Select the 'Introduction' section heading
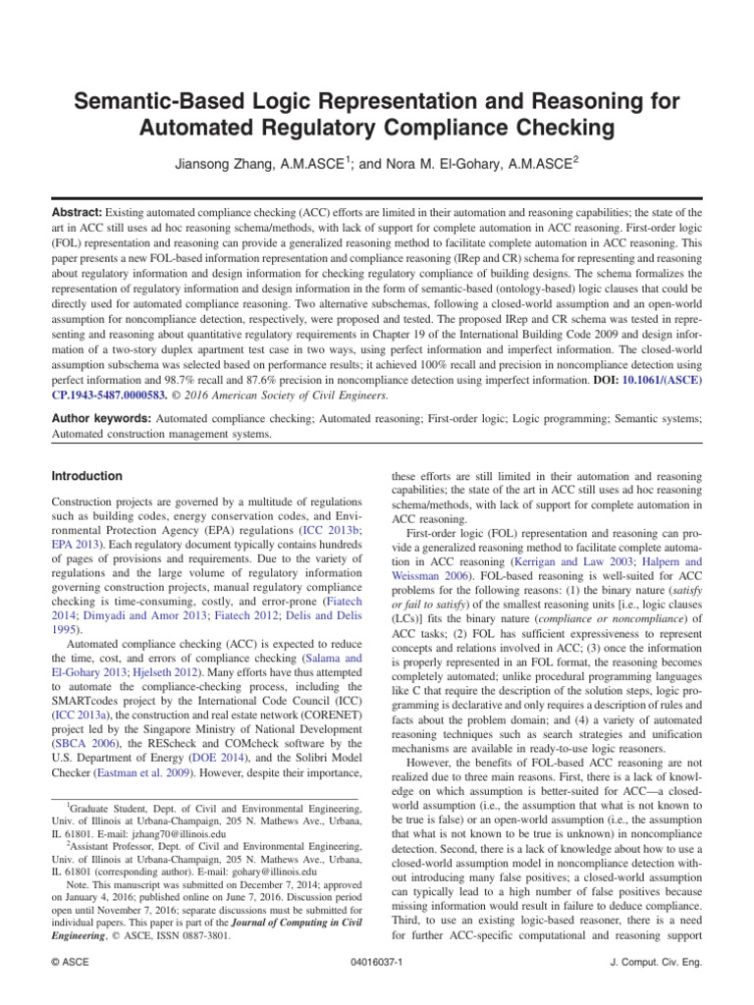pyautogui.click(x=87, y=476)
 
